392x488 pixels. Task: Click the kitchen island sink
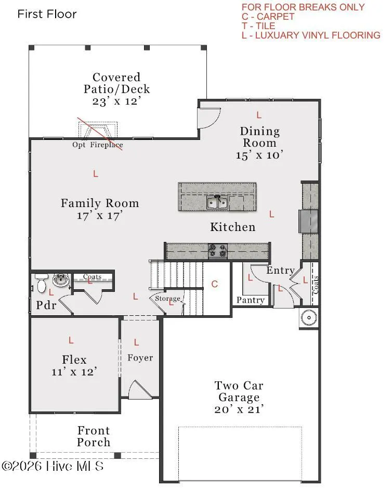(x=217, y=202)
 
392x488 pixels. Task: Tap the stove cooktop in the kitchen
(x=218, y=251)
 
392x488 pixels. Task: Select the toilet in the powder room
(x=41, y=283)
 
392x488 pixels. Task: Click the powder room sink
(x=61, y=280)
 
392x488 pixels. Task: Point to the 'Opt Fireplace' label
(x=98, y=145)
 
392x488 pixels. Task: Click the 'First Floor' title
(x=47, y=14)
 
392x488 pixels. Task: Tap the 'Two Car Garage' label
(x=239, y=391)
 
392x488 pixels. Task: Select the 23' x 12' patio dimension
(x=116, y=101)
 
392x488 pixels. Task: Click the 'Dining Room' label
(x=260, y=137)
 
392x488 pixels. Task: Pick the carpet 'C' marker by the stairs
(x=215, y=284)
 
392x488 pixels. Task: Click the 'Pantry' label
(x=251, y=300)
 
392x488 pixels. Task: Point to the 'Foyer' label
(x=140, y=358)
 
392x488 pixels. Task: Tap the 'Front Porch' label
(x=94, y=436)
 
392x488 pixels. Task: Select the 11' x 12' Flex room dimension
(x=74, y=371)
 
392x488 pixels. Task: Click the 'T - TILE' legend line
(x=258, y=26)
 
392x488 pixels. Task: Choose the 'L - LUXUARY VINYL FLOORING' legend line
(x=311, y=35)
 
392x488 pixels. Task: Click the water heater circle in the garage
(x=309, y=317)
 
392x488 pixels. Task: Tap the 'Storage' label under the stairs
(x=168, y=299)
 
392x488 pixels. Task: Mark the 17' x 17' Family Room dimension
(x=100, y=215)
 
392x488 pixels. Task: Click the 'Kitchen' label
(x=233, y=227)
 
